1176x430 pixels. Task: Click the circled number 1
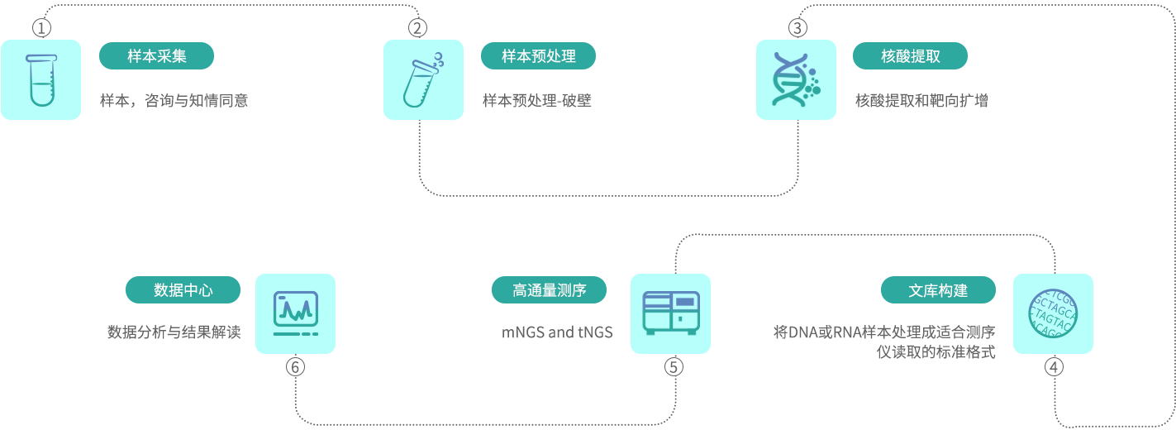[x=41, y=28]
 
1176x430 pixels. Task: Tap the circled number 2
[x=418, y=28]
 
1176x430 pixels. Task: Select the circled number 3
[x=797, y=28]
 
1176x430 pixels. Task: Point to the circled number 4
[x=1054, y=366]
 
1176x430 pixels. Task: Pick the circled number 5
[x=674, y=366]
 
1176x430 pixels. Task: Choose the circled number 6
[x=296, y=366]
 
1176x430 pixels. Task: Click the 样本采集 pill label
[x=156, y=56]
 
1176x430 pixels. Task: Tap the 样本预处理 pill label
[x=538, y=56]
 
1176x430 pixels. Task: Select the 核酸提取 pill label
[x=910, y=56]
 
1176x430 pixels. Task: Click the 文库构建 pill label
[x=938, y=290]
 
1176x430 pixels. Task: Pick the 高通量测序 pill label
[x=549, y=290]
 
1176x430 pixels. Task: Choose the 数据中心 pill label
[x=183, y=290]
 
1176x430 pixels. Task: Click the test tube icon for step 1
[x=41, y=80]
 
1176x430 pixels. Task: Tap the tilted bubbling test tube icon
[x=423, y=80]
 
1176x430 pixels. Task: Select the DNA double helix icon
[x=796, y=80]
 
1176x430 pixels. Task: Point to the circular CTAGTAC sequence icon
[x=1053, y=314]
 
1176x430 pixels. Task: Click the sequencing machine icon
[x=670, y=314]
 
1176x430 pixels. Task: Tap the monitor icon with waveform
[x=296, y=314]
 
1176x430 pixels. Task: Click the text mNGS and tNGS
[x=557, y=332]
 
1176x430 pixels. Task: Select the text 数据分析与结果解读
[x=174, y=332]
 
